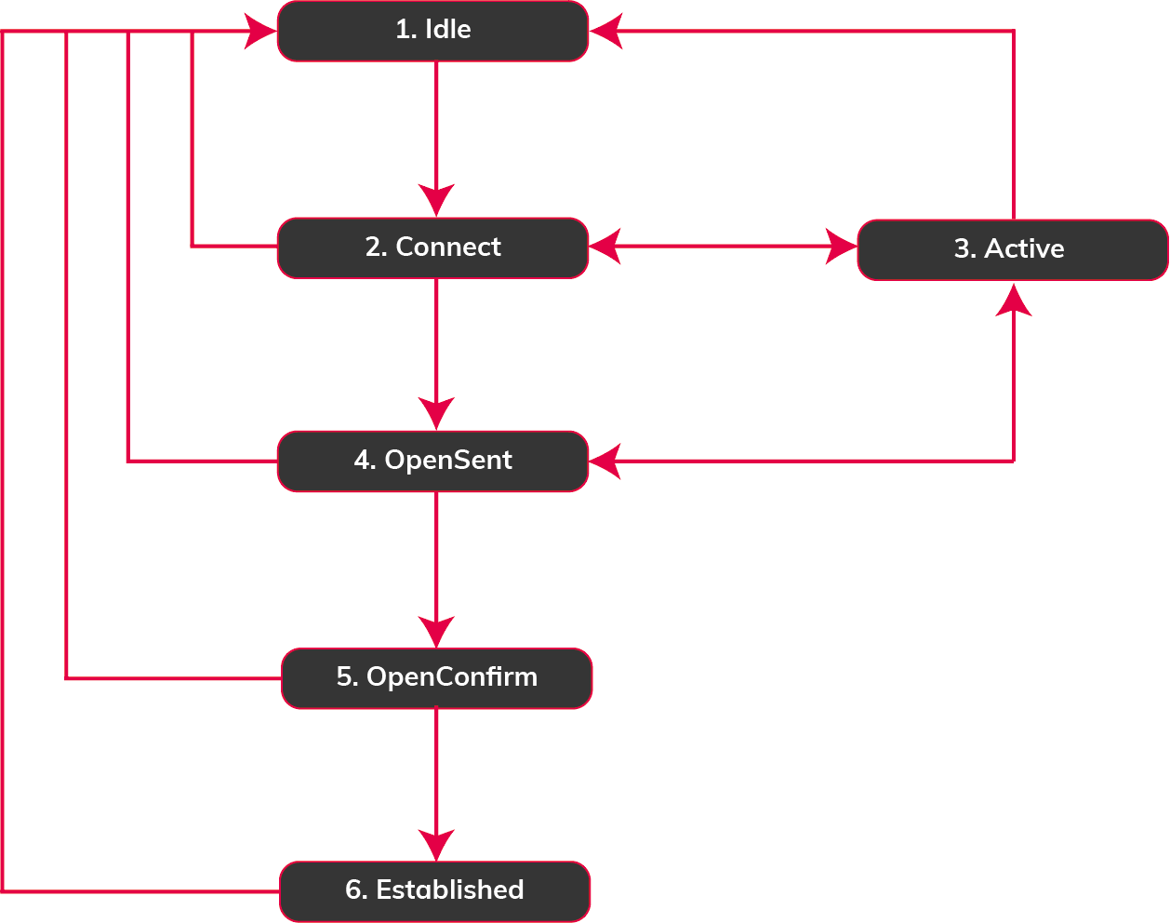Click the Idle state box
tap(432, 31)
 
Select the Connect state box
tap(432, 247)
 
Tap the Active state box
tap(1012, 249)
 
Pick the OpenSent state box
tap(432, 461)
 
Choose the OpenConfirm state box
tap(436, 677)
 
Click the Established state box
tap(434, 890)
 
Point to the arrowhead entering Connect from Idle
tap(436, 199)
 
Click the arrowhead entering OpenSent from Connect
tap(436, 412)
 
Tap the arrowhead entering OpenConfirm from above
tap(436, 630)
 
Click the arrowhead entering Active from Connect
tap(841, 247)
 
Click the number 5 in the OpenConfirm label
tap(344, 677)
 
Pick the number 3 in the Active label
tap(963, 249)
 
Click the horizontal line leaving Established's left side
tap(140, 891)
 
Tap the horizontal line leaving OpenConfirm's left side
tap(172, 678)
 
